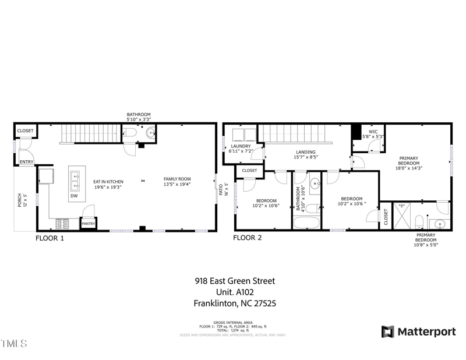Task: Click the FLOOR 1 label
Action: coord(50,238)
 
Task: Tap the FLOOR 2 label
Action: coord(248,238)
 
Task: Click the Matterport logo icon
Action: coord(387,331)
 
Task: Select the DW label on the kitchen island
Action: coord(74,196)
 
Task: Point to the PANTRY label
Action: coord(88,224)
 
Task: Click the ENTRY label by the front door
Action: coord(27,161)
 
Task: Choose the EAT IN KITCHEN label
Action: coord(109,181)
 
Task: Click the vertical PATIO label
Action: coord(220,190)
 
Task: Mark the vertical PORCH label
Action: coord(19,200)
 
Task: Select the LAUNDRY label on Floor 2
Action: coord(241,146)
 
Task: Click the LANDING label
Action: coord(306,152)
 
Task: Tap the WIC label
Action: coord(373,132)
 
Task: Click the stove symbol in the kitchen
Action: coord(62,223)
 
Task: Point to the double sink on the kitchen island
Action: coord(75,180)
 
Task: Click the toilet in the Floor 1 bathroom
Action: coord(130,133)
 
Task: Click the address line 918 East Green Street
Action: coord(235,281)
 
